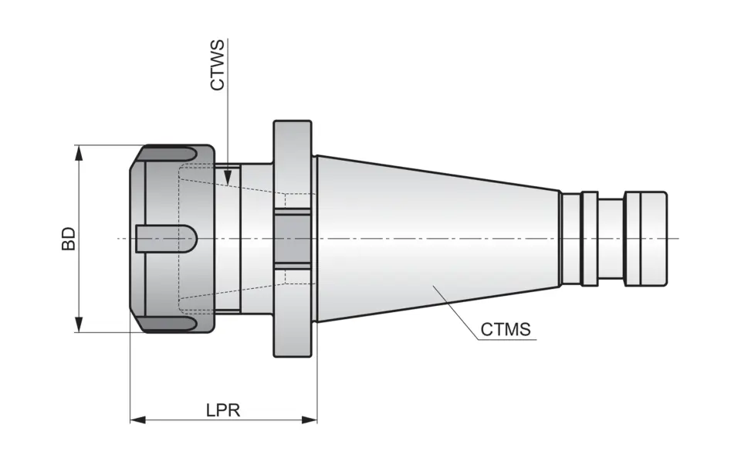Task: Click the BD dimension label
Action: pyautogui.click(x=69, y=238)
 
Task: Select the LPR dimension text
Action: pyautogui.click(x=223, y=410)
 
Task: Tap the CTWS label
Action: pyautogui.click(x=218, y=66)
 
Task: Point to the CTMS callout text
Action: pyautogui.click(x=506, y=330)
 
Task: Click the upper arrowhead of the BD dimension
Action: pyautogui.click(x=78, y=152)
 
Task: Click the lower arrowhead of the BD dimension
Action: pyautogui.click(x=78, y=324)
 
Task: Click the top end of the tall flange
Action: pyautogui.click(x=293, y=124)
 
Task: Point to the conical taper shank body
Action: pyautogui.click(x=432, y=232)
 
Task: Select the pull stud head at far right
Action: pyautogui.click(x=646, y=238)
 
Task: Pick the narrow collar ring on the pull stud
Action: pyautogui.click(x=589, y=238)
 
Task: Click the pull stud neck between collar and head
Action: pyautogui.click(x=611, y=238)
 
